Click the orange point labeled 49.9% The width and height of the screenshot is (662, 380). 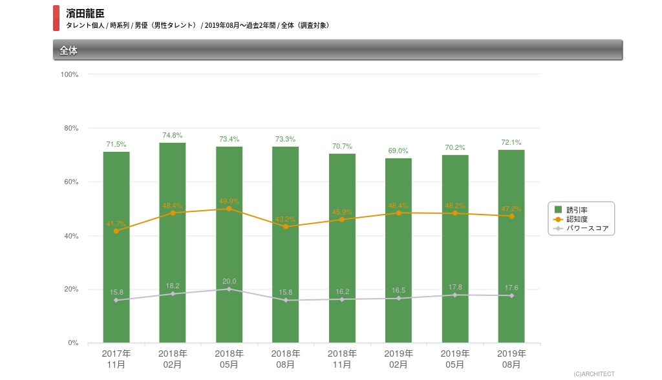(x=229, y=209)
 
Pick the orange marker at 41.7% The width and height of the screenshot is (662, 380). (x=116, y=231)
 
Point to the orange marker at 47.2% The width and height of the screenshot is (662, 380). (x=511, y=216)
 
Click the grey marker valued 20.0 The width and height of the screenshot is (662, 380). (x=229, y=289)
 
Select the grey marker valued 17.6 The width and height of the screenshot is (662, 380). (x=511, y=295)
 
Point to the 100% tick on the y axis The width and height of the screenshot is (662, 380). (x=69, y=74)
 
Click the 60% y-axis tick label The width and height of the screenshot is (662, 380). (x=70, y=182)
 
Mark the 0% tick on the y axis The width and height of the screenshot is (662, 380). (x=73, y=343)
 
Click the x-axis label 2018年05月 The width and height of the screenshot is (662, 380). (x=229, y=359)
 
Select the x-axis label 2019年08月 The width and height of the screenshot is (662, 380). (x=511, y=359)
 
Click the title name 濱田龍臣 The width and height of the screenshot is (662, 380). (x=85, y=13)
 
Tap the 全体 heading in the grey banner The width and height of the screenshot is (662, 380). (x=69, y=50)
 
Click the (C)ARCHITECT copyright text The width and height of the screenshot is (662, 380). (x=593, y=374)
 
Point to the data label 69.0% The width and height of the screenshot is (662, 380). (x=398, y=151)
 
